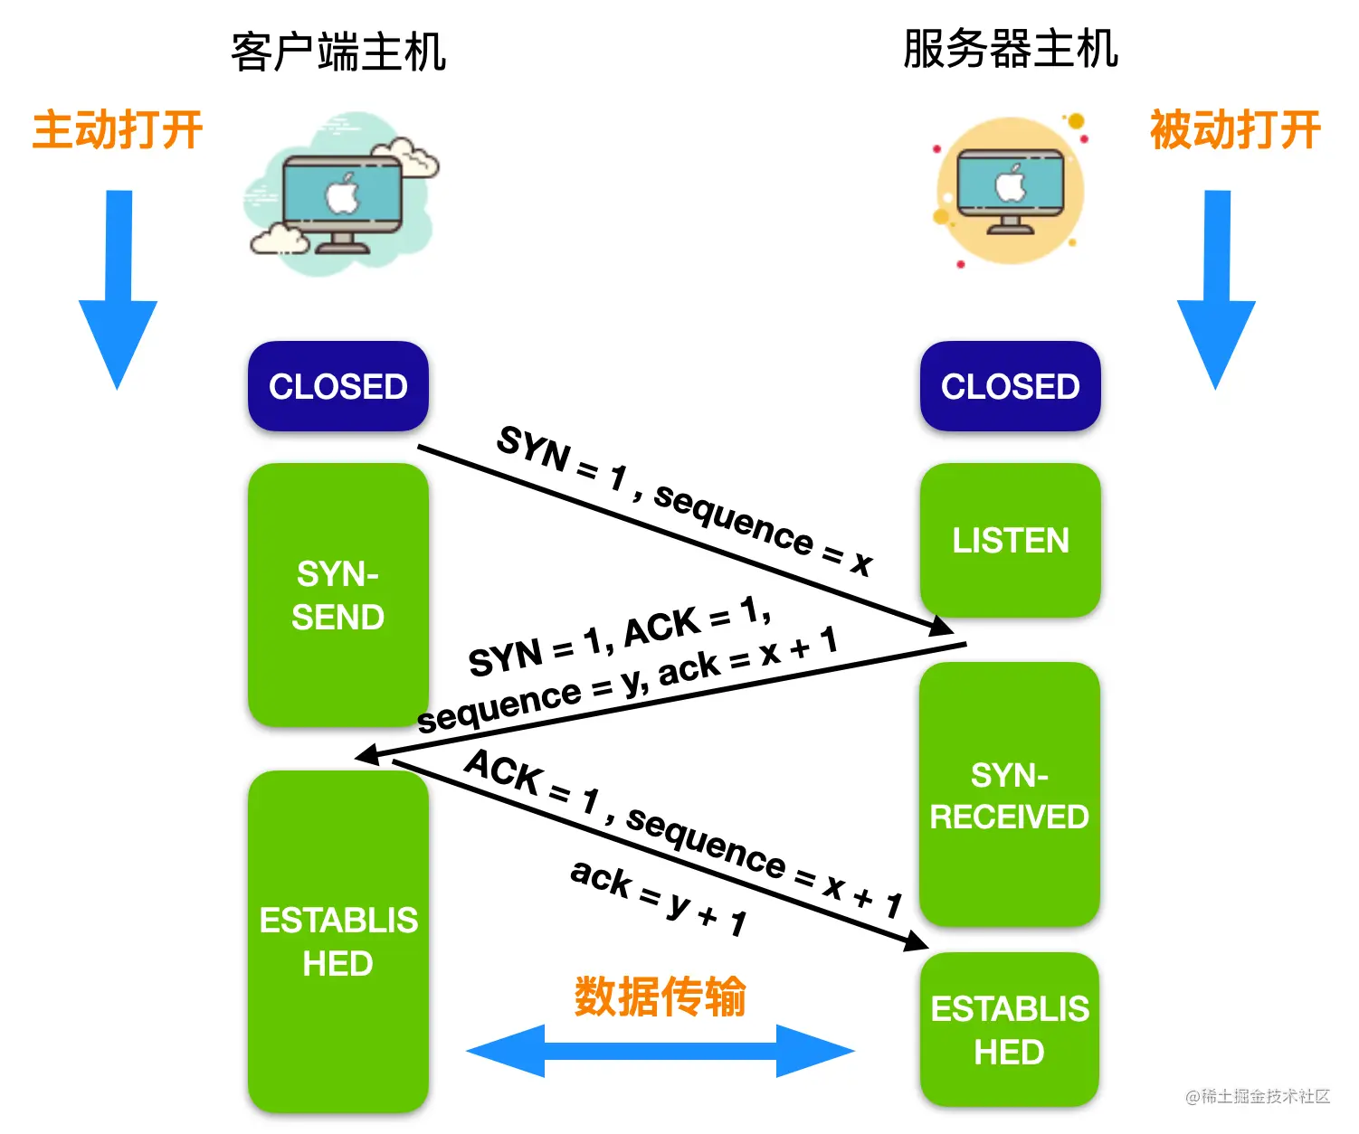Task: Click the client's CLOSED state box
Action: [x=337, y=386]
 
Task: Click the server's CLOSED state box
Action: [x=1010, y=386]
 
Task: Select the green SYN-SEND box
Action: [x=337, y=595]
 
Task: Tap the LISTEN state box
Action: [x=1010, y=540]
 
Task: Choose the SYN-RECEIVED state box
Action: [x=1009, y=794]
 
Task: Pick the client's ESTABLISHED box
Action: [x=337, y=941]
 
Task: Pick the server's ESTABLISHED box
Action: [x=1009, y=1030]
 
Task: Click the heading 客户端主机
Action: [x=338, y=52]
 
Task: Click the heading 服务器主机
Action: [x=1010, y=49]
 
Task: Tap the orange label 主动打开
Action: [x=118, y=129]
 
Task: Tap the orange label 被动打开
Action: [x=1235, y=129]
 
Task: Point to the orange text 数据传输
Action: [x=660, y=996]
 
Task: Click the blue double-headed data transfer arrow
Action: [x=660, y=1051]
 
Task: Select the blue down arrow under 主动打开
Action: [x=118, y=289]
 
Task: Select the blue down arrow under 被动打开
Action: [x=1216, y=289]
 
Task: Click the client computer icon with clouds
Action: [x=341, y=194]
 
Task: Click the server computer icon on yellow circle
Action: [x=1010, y=191]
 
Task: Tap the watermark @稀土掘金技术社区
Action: [x=1257, y=1096]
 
